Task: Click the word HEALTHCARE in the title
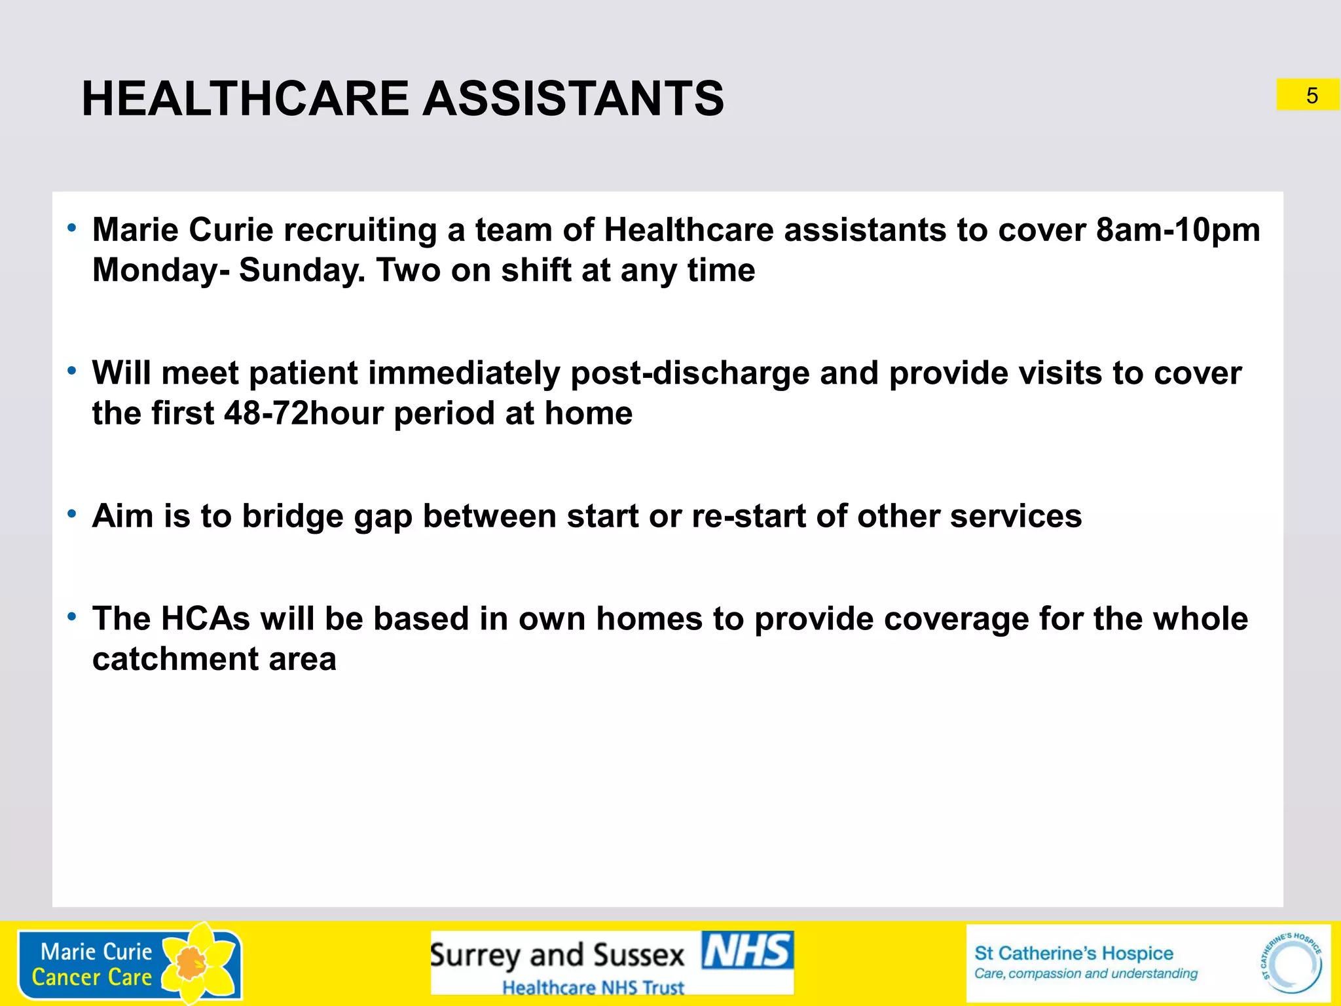click(x=246, y=98)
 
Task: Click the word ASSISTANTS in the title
click(x=574, y=98)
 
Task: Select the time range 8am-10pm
click(x=1178, y=230)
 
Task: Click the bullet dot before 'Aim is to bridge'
click(x=72, y=514)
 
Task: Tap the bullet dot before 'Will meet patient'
click(x=72, y=371)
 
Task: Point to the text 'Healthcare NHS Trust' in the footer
click(x=593, y=987)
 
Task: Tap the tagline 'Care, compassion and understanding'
click(x=1086, y=974)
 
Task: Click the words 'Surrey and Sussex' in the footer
click(x=557, y=955)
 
